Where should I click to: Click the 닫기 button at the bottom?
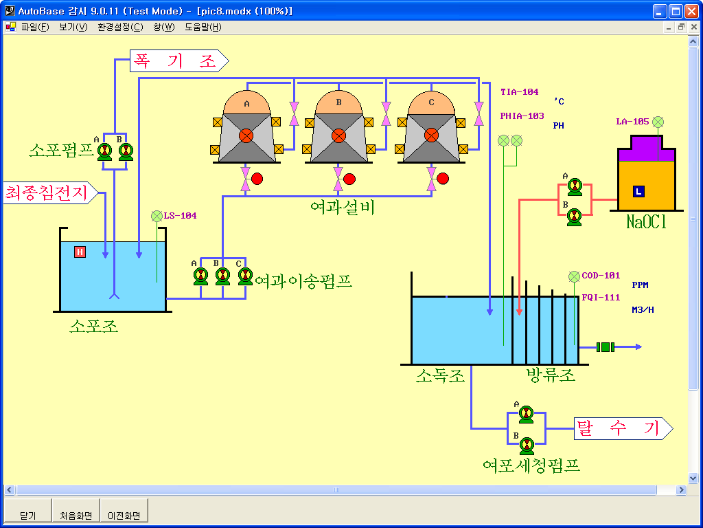coord(28,515)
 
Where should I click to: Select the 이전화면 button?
coord(124,515)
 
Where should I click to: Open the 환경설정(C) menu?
coord(120,27)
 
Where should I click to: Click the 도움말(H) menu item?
coord(203,27)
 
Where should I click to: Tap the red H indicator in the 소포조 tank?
coord(80,252)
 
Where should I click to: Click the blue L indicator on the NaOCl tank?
coord(638,191)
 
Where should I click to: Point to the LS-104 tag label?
coord(180,216)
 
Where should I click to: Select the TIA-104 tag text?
coord(519,92)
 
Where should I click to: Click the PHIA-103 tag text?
coord(522,116)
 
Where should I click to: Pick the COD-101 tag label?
coord(601,276)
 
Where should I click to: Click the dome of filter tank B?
coord(338,102)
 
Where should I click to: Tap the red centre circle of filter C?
coord(431,135)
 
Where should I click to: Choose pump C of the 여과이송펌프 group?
coord(245,276)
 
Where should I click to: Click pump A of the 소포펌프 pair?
coord(104,152)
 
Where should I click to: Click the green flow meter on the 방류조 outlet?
coord(605,347)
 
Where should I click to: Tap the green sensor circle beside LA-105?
coord(658,122)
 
